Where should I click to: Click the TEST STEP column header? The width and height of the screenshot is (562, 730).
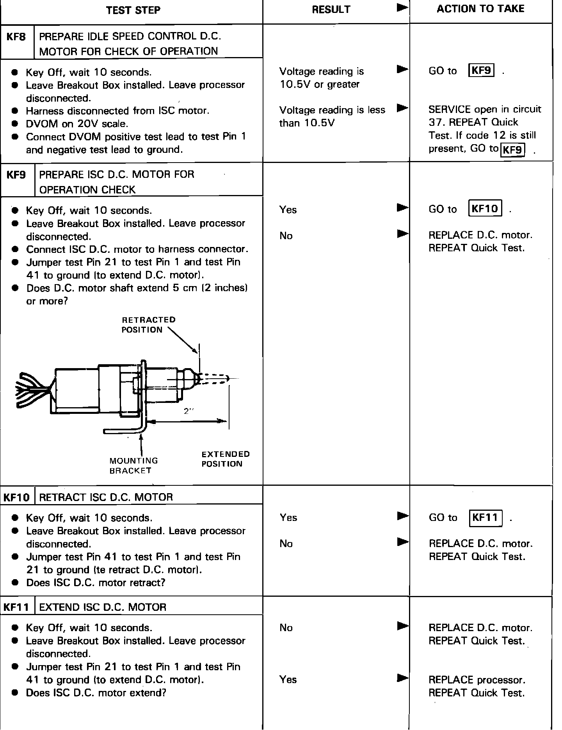[x=133, y=10]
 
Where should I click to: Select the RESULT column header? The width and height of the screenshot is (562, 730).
[x=331, y=10]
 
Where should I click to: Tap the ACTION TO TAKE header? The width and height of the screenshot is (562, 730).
[x=480, y=9]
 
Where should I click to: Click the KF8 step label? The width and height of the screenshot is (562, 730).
[x=16, y=37]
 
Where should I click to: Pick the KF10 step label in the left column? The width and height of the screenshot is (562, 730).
[x=17, y=497]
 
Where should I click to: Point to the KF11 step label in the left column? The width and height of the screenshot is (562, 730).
[x=17, y=607]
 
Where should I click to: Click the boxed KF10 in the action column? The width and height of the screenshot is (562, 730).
[x=485, y=209]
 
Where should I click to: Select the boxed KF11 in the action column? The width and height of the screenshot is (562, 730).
[x=485, y=517]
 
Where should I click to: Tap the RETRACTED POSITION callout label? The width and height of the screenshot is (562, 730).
[x=148, y=325]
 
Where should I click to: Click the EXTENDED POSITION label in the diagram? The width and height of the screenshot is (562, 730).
[x=225, y=459]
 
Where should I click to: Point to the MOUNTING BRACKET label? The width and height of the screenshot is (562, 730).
[x=133, y=465]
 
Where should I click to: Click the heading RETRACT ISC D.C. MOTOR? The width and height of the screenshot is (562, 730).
[x=106, y=497]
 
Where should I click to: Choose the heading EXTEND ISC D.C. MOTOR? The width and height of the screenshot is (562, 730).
[x=103, y=607]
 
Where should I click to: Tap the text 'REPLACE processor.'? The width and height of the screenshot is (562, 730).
[x=477, y=680]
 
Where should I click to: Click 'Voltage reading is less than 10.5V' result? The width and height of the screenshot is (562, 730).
[x=332, y=116]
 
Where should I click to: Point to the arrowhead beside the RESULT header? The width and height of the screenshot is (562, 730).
[x=402, y=8]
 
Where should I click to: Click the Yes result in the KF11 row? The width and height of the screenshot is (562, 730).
[x=288, y=680]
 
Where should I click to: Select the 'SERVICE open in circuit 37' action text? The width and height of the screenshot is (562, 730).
[x=485, y=116]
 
